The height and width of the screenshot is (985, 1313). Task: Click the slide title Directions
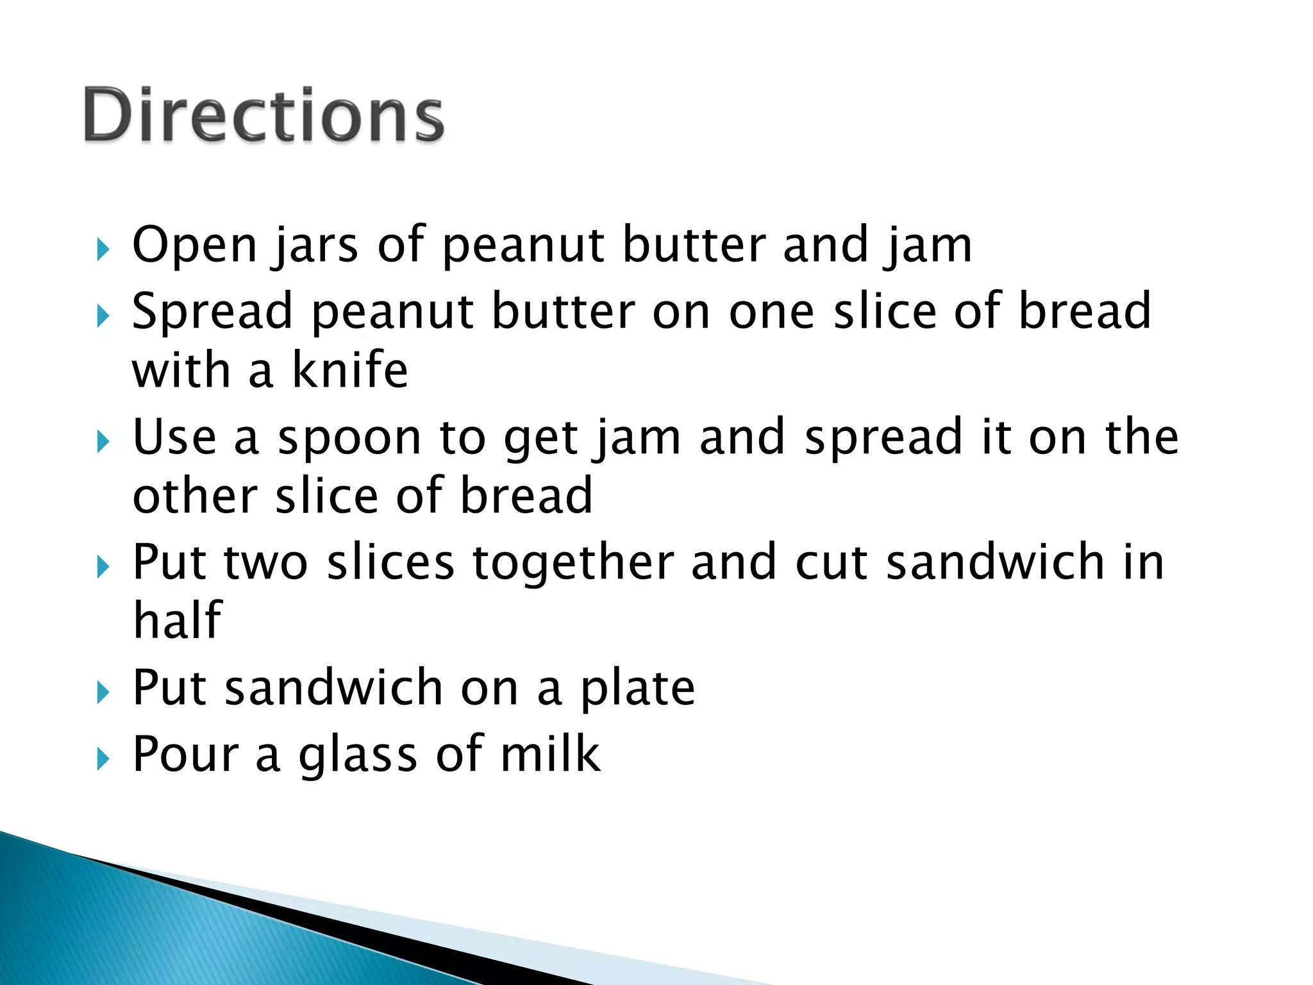coord(263,115)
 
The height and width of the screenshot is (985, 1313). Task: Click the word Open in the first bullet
coord(194,245)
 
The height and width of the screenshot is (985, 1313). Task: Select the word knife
coord(349,370)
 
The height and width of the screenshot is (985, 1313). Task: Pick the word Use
coord(174,437)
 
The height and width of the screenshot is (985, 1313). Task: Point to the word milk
coord(550,753)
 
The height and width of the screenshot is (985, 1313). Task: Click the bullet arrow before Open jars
coord(103,249)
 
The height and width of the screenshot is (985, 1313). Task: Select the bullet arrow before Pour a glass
coord(103,759)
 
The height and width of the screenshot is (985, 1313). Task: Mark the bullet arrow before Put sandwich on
coord(103,693)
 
